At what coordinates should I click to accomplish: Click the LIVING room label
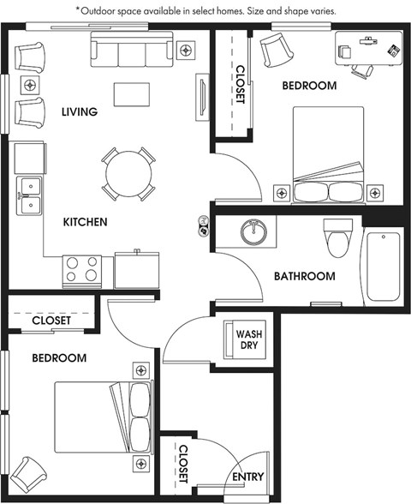click(80, 111)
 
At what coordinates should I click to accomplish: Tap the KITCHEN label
click(85, 222)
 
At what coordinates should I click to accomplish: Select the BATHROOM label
click(305, 276)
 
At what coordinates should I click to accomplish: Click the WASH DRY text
click(249, 339)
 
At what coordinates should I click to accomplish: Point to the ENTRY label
click(248, 477)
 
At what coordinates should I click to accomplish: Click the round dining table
click(128, 174)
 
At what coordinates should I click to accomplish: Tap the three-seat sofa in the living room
click(132, 49)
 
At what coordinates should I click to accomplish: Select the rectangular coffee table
click(132, 94)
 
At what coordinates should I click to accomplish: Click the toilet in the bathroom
click(337, 238)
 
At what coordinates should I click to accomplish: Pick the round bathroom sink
click(253, 232)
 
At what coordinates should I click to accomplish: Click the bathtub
click(383, 267)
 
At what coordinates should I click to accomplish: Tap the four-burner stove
click(82, 272)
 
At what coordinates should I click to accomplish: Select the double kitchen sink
click(29, 195)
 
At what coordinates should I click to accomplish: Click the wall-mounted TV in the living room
click(202, 98)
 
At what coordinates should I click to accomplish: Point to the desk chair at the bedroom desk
click(363, 71)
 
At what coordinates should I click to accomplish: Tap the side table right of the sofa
click(186, 50)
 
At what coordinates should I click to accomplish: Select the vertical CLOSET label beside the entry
click(182, 464)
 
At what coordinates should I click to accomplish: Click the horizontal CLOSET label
click(51, 321)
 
